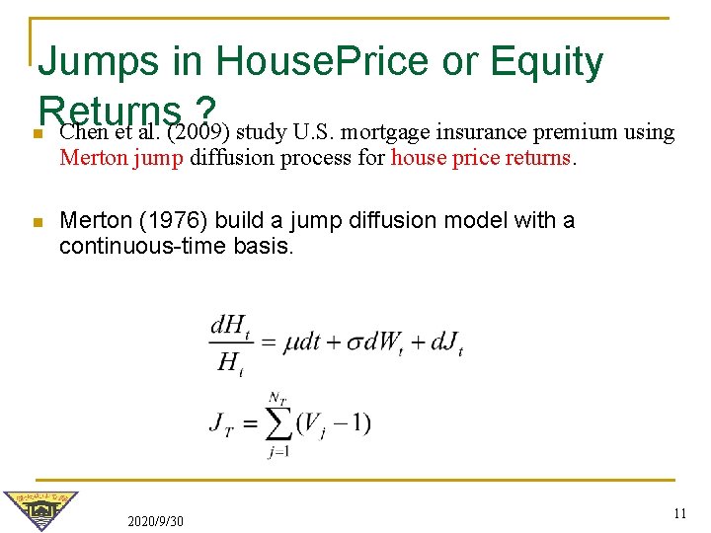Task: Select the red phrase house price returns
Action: coord(481,157)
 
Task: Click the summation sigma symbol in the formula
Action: coord(278,423)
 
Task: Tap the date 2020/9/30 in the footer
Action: coord(155,520)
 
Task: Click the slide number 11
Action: coord(678,513)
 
